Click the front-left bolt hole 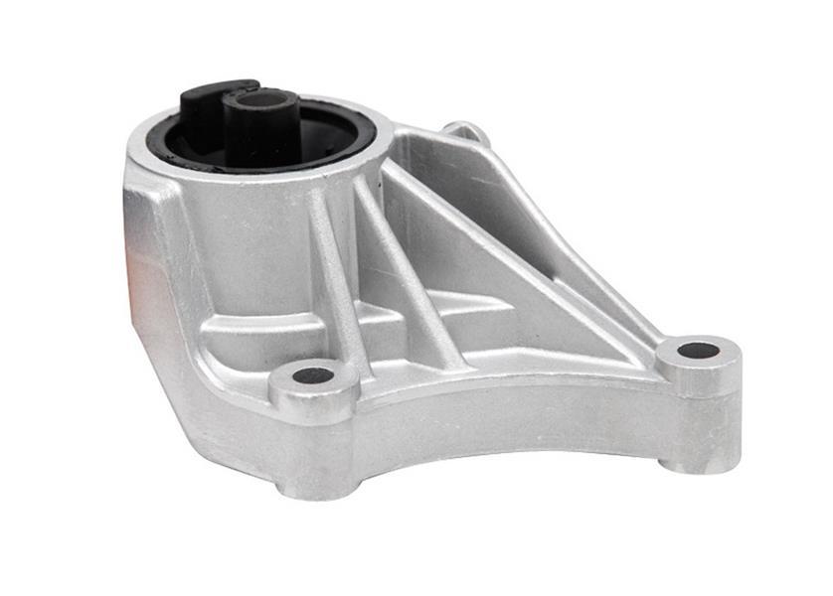point(314,375)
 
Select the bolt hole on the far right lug point(698,350)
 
